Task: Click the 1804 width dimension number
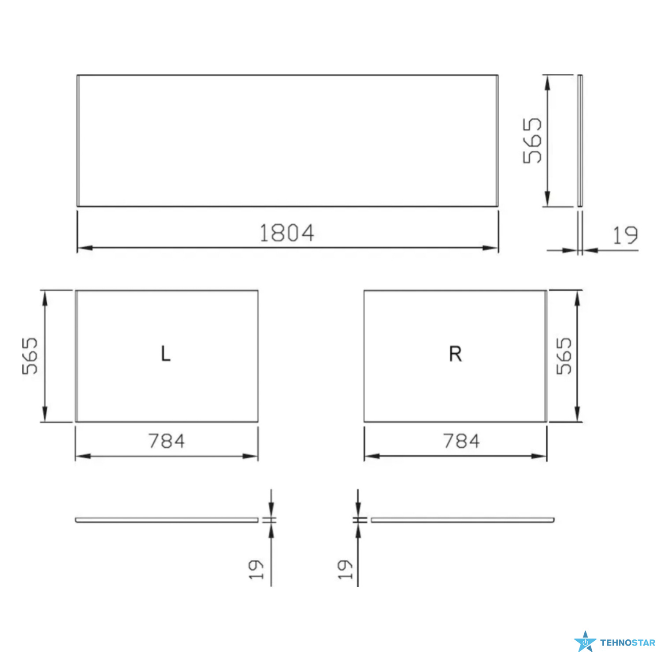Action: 287,233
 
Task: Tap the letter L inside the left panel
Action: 166,354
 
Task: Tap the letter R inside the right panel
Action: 456,354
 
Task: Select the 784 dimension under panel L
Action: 167,441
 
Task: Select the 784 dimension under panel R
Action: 461,441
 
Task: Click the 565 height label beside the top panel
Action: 532,141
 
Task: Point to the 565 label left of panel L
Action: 30,356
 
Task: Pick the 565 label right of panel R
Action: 564,356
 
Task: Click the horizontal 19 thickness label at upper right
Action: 625,235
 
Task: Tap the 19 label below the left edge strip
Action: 256,569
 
